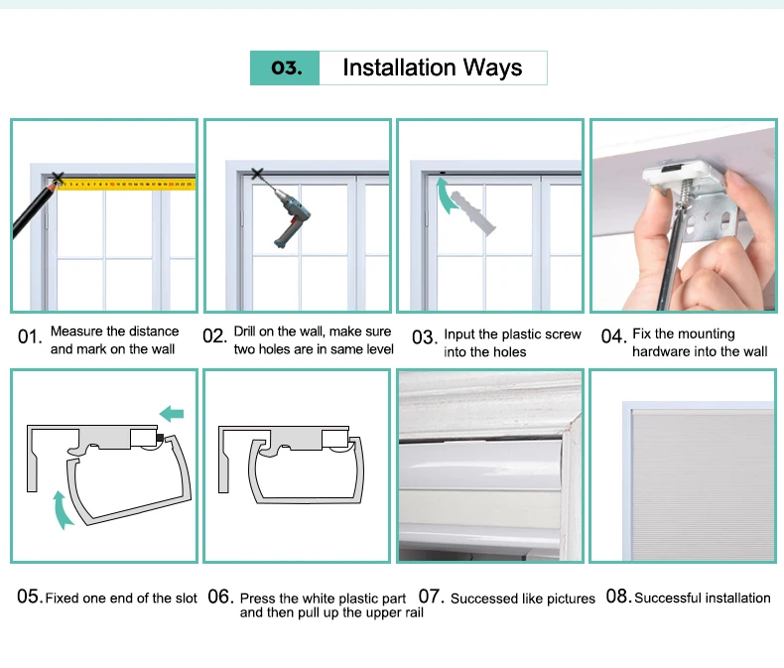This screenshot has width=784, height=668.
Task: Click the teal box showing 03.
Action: click(x=285, y=68)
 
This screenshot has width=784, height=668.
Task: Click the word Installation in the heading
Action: click(x=399, y=67)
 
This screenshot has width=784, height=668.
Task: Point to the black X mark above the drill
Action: click(x=257, y=174)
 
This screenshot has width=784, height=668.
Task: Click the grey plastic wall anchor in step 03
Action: click(x=472, y=212)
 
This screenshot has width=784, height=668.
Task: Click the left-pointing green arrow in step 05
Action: click(x=172, y=414)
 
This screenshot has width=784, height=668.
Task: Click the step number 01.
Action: click(x=29, y=337)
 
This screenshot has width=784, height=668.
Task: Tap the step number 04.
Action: click(x=613, y=337)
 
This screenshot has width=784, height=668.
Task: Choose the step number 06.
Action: click(x=220, y=597)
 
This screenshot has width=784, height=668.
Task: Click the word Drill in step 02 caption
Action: click(x=244, y=331)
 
